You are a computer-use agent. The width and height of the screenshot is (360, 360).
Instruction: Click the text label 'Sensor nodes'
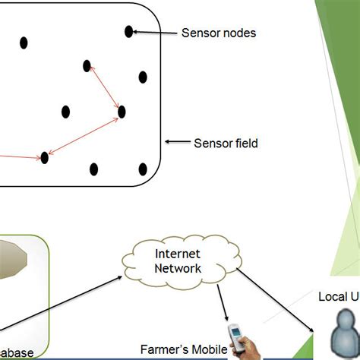coord(218,33)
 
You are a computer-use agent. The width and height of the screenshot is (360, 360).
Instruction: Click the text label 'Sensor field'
coord(226,143)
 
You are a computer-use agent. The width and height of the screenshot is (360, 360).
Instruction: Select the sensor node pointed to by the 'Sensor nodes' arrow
coord(129,31)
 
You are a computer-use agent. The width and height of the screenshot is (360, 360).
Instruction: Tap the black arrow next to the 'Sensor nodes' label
coord(155,33)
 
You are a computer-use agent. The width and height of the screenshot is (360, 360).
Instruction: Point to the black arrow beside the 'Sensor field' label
coord(178,142)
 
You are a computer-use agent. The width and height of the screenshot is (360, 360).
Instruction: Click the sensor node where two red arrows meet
coord(122,112)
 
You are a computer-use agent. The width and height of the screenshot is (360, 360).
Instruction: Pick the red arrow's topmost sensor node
coord(87,66)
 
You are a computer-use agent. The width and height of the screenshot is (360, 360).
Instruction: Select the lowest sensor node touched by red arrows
coord(45,157)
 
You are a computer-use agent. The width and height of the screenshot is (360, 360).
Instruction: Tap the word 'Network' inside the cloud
coord(178,268)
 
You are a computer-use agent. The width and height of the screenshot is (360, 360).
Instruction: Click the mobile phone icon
coord(238,339)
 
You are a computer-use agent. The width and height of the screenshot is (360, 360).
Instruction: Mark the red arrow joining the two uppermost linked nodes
coord(105,89)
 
